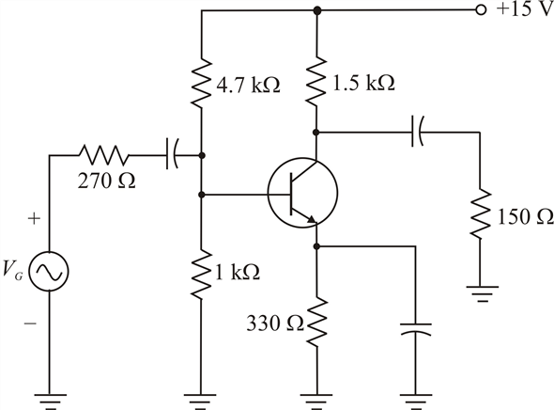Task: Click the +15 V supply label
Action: pyautogui.click(x=525, y=9)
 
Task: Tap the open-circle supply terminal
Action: pyautogui.click(x=481, y=10)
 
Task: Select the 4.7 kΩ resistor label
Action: pyautogui.click(x=249, y=86)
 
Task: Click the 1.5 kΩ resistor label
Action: pyautogui.click(x=364, y=83)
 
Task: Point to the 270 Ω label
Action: pyautogui.click(x=106, y=181)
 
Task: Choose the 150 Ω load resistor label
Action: pyautogui.click(x=525, y=216)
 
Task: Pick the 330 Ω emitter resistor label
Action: pyautogui.click(x=275, y=323)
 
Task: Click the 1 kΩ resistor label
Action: pyautogui.click(x=238, y=272)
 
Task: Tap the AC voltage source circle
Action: pyautogui.click(x=49, y=272)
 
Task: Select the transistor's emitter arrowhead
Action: pyautogui.click(x=311, y=219)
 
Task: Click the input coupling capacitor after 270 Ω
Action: pyautogui.click(x=172, y=155)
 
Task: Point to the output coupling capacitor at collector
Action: pyautogui.click(x=417, y=132)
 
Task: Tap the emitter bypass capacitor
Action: pyautogui.click(x=415, y=329)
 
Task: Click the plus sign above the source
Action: pyautogui.click(x=34, y=218)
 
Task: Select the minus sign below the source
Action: pyautogui.click(x=30, y=323)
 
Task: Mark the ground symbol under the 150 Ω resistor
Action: pyautogui.click(x=482, y=293)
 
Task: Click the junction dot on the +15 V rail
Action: pyautogui.click(x=317, y=10)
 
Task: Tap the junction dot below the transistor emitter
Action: pyautogui.click(x=316, y=246)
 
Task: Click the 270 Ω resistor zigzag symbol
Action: pyautogui.click(x=104, y=155)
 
